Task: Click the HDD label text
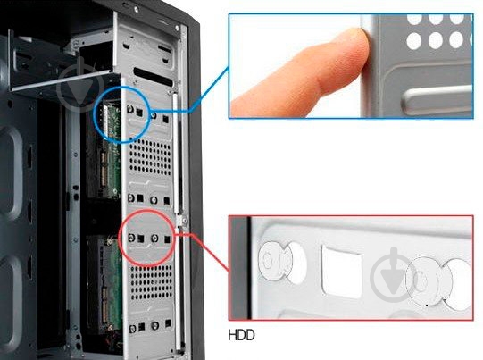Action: coord(241,335)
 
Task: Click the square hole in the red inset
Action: coord(341,272)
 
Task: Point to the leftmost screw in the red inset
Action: coord(272,262)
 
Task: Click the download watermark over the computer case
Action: coord(80,88)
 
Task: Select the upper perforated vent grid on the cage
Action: coord(150,157)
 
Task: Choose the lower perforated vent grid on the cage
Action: coord(151,282)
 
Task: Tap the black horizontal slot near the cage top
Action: coord(153,77)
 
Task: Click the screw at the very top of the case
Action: coord(137,10)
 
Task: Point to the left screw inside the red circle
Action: coord(132,238)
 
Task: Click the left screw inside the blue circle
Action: coord(130,108)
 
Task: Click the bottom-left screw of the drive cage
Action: coord(133,329)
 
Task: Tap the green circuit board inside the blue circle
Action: coord(112,121)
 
